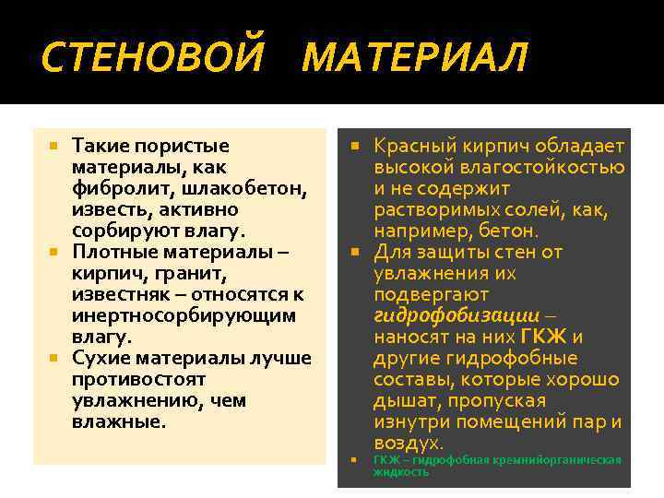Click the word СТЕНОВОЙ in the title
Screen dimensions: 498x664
click(x=153, y=58)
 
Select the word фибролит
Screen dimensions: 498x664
click(x=113, y=188)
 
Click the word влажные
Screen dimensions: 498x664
click(x=119, y=421)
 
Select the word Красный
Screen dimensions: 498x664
click(x=412, y=146)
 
